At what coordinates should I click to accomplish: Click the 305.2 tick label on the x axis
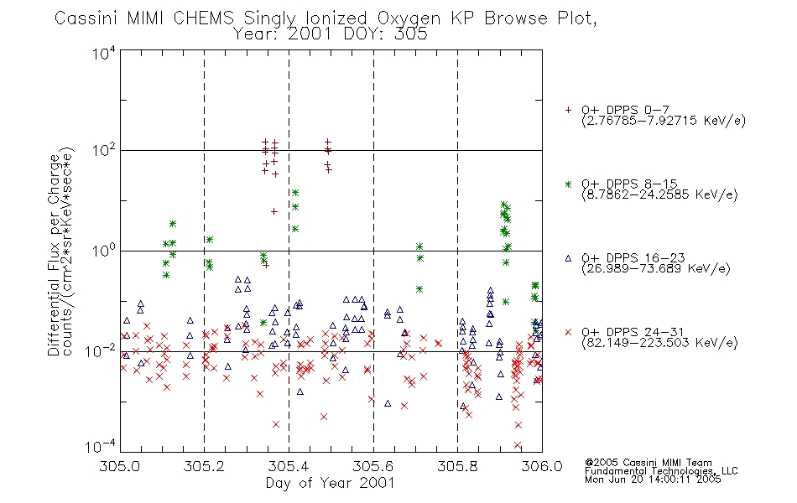tap(204, 466)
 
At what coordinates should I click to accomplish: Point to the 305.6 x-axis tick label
tap(373, 466)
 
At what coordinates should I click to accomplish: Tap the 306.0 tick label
tap(542, 466)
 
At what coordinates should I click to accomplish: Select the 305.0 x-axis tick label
tap(119, 466)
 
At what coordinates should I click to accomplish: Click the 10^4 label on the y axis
tap(104, 53)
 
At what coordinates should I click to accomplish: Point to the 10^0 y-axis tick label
tap(104, 250)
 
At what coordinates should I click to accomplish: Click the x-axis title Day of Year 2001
tap(330, 483)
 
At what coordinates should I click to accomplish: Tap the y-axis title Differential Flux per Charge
tap(54, 255)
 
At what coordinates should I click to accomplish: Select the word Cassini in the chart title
tap(86, 18)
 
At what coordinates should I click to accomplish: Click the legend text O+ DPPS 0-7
tap(625, 110)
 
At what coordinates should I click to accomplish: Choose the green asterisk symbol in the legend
tap(568, 184)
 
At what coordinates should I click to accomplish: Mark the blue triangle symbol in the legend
tap(568, 258)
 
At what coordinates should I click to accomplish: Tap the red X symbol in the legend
tap(568, 332)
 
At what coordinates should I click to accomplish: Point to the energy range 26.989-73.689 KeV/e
tap(656, 269)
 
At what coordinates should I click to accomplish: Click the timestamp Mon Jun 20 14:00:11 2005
tap(653, 480)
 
